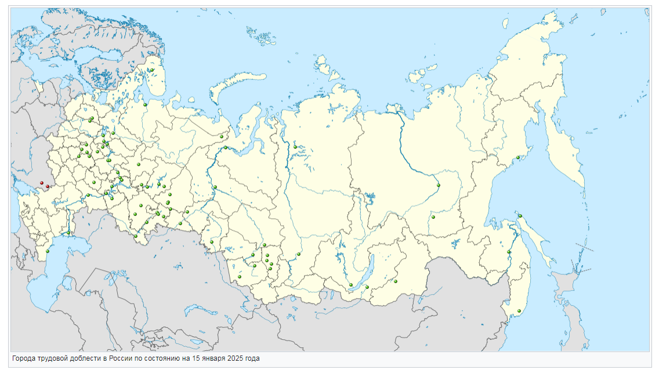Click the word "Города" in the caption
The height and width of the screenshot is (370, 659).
pyautogui.click(x=24, y=359)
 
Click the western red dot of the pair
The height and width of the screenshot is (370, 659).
pyautogui.click(x=41, y=184)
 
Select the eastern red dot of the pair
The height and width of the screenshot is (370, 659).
pyautogui.click(x=47, y=186)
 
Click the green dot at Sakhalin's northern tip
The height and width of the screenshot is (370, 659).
pyautogui.click(x=520, y=216)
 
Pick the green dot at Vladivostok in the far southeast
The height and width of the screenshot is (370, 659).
pyautogui.click(x=519, y=312)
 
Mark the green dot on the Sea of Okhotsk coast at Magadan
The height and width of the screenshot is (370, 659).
pyautogui.click(x=517, y=157)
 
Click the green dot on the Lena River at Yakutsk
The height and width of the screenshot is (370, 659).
pyautogui.click(x=439, y=185)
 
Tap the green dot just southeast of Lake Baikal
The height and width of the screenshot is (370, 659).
pyautogui.click(x=395, y=281)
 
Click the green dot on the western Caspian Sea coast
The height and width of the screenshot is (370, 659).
pyautogui.click(x=48, y=251)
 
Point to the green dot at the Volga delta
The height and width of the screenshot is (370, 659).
pyautogui.click(x=68, y=233)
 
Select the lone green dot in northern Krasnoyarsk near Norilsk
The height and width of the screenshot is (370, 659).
pyautogui.click(x=295, y=147)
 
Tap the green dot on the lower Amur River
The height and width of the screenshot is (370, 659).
pyautogui.click(x=509, y=252)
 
